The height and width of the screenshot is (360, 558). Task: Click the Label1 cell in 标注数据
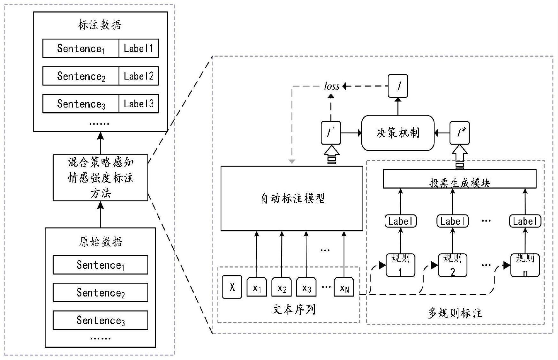pyautogui.click(x=139, y=49)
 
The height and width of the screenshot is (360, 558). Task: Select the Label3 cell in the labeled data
pyautogui.click(x=139, y=104)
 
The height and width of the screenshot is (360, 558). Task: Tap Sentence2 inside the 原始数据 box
pyautogui.click(x=100, y=292)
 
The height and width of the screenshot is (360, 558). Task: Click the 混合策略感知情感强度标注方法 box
pyautogui.click(x=100, y=178)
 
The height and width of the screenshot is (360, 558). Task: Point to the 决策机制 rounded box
pyautogui.click(x=397, y=133)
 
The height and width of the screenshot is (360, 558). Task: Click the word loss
pyautogui.click(x=331, y=86)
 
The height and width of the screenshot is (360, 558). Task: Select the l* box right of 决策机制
pyautogui.click(x=459, y=132)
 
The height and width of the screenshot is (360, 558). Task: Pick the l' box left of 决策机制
pyautogui.click(x=331, y=132)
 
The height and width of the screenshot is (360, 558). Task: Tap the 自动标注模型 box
pyautogui.click(x=292, y=198)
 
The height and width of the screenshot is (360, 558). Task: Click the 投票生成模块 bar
pyautogui.click(x=459, y=179)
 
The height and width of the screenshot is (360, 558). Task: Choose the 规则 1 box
pyautogui.click(x=400, y=265)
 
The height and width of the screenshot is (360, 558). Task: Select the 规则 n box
pyautogui.click(x=525, y=265)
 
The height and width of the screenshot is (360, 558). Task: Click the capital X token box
pyautogui.click(x=232, y=287)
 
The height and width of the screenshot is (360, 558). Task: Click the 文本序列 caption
pyautogui.click(x=294, y=309)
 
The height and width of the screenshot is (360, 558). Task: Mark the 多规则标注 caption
pyautogui.click(x=455, y=313)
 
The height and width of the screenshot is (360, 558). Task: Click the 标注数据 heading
pyautogui.click(x=100, y=25)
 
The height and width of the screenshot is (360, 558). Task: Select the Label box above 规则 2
pyautogui.click(x=452, y=221)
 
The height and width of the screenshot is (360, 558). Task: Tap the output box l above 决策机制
pyautogui.click(x=398, y=86)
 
